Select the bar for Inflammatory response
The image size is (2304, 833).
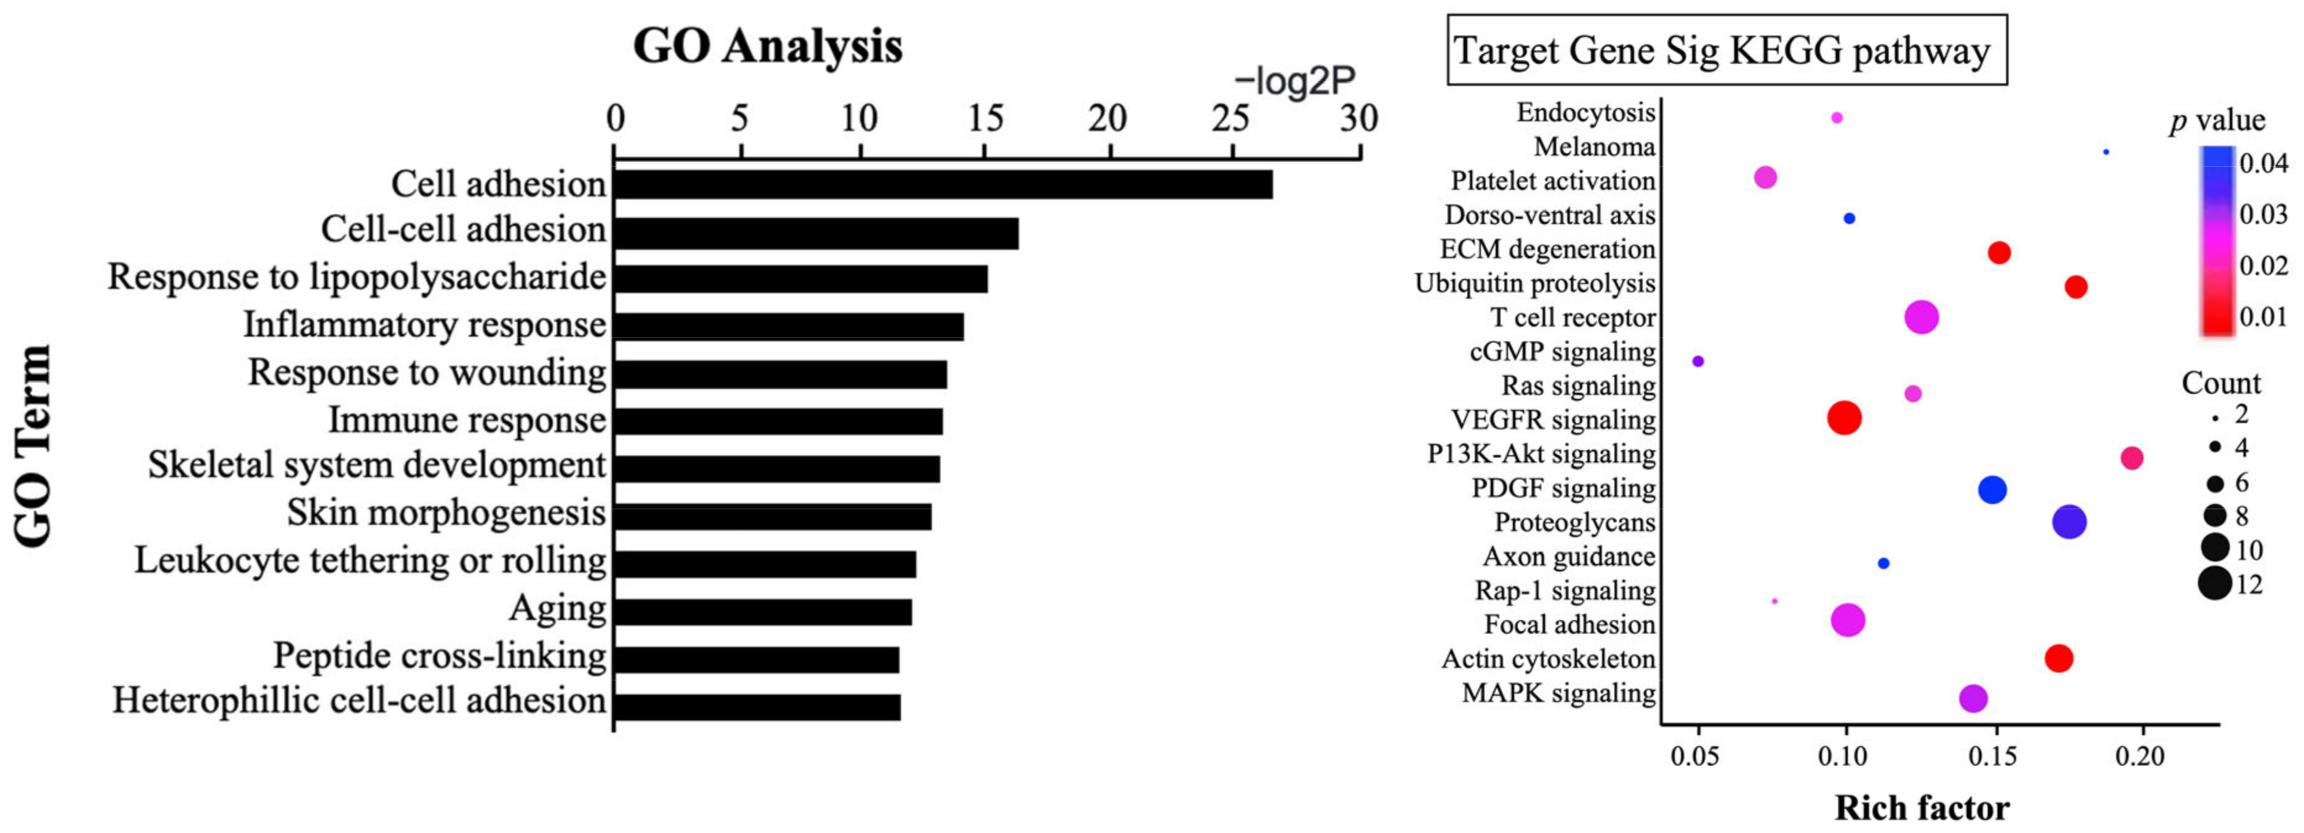coord(788,326)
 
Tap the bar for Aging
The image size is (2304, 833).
coord(762,612)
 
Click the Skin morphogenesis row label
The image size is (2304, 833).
coord(446,514)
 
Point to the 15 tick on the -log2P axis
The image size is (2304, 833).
coord(985,119)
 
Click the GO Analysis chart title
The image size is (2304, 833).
coord(768,46)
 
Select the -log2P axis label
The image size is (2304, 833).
coord(1294,82)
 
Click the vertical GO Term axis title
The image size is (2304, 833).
coord(34,445)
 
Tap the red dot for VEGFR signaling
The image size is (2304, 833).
coord(1844,418)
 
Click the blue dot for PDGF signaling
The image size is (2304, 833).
coord(1992,489)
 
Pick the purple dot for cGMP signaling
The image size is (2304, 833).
coord(1698,362)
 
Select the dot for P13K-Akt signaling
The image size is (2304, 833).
coord(2132,458)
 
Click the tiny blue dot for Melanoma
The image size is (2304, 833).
coord(2106,152)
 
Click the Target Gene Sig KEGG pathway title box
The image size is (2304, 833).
coord(1726,50)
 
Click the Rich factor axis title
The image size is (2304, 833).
coord(1921,808)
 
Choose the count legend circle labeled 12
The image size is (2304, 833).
coord(2214,584)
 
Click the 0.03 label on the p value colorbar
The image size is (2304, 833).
coord(2263,214)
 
